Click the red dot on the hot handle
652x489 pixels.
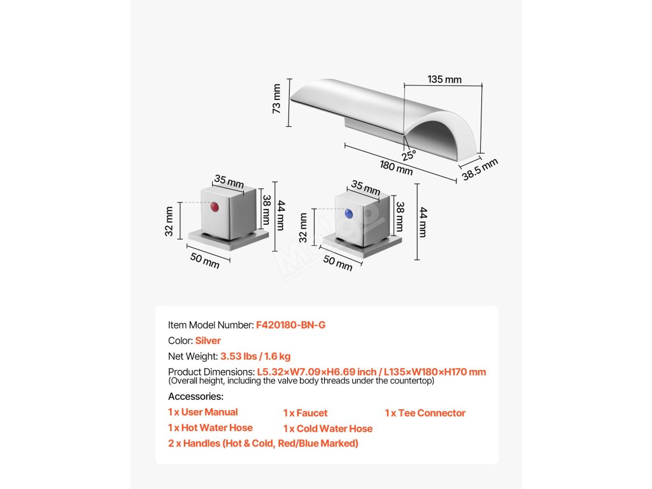(x=214, y=208)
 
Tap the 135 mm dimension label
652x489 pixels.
(x=444, y=80)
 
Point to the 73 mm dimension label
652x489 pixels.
(x=276, y=99)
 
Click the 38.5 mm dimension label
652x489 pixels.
(x=480, y=169)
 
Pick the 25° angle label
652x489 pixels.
(x=408, y=154)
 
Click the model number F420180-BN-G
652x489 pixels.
(x=291, y=325)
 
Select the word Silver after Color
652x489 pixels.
(x=208, y=341)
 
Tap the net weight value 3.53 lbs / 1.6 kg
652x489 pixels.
(x=255, y=357)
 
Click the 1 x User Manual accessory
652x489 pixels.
(x=203, y=412)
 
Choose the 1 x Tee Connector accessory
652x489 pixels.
(x=425, y=413)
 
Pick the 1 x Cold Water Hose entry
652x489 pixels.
(x=328, y=429)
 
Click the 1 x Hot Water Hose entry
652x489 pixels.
(x=210, y=428)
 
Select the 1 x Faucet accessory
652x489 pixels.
(x=306, y=413)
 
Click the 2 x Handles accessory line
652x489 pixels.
(x=263, y=443)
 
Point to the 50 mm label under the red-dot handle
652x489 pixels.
(x=204, y=260)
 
